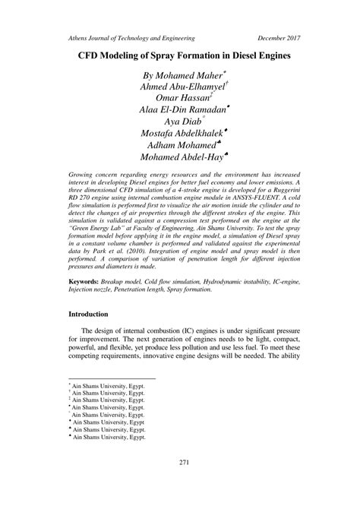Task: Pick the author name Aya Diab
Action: point(182,122)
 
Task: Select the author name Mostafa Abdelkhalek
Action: point(182,136)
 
